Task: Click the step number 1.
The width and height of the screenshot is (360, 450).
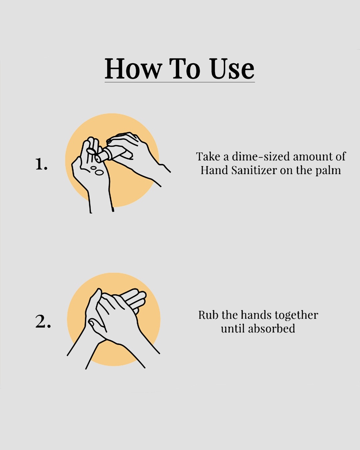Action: (x=41, y=164)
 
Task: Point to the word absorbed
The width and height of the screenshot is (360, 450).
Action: (x=272, y=329)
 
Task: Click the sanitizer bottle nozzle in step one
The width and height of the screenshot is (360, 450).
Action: (x=98, y=159)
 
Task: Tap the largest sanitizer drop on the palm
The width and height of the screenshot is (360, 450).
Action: (x=99, y=173)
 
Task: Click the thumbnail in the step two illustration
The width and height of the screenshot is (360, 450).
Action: (x=91, y=323)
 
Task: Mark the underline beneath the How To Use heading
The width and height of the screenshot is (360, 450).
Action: (x=180, y=82)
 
